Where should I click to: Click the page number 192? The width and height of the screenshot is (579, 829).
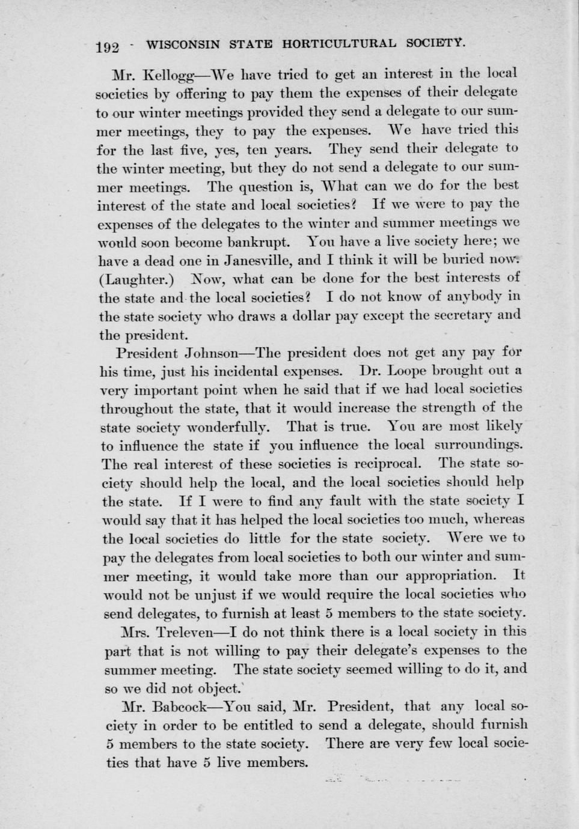(109, 47)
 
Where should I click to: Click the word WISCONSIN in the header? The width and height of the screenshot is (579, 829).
(177, 44)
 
